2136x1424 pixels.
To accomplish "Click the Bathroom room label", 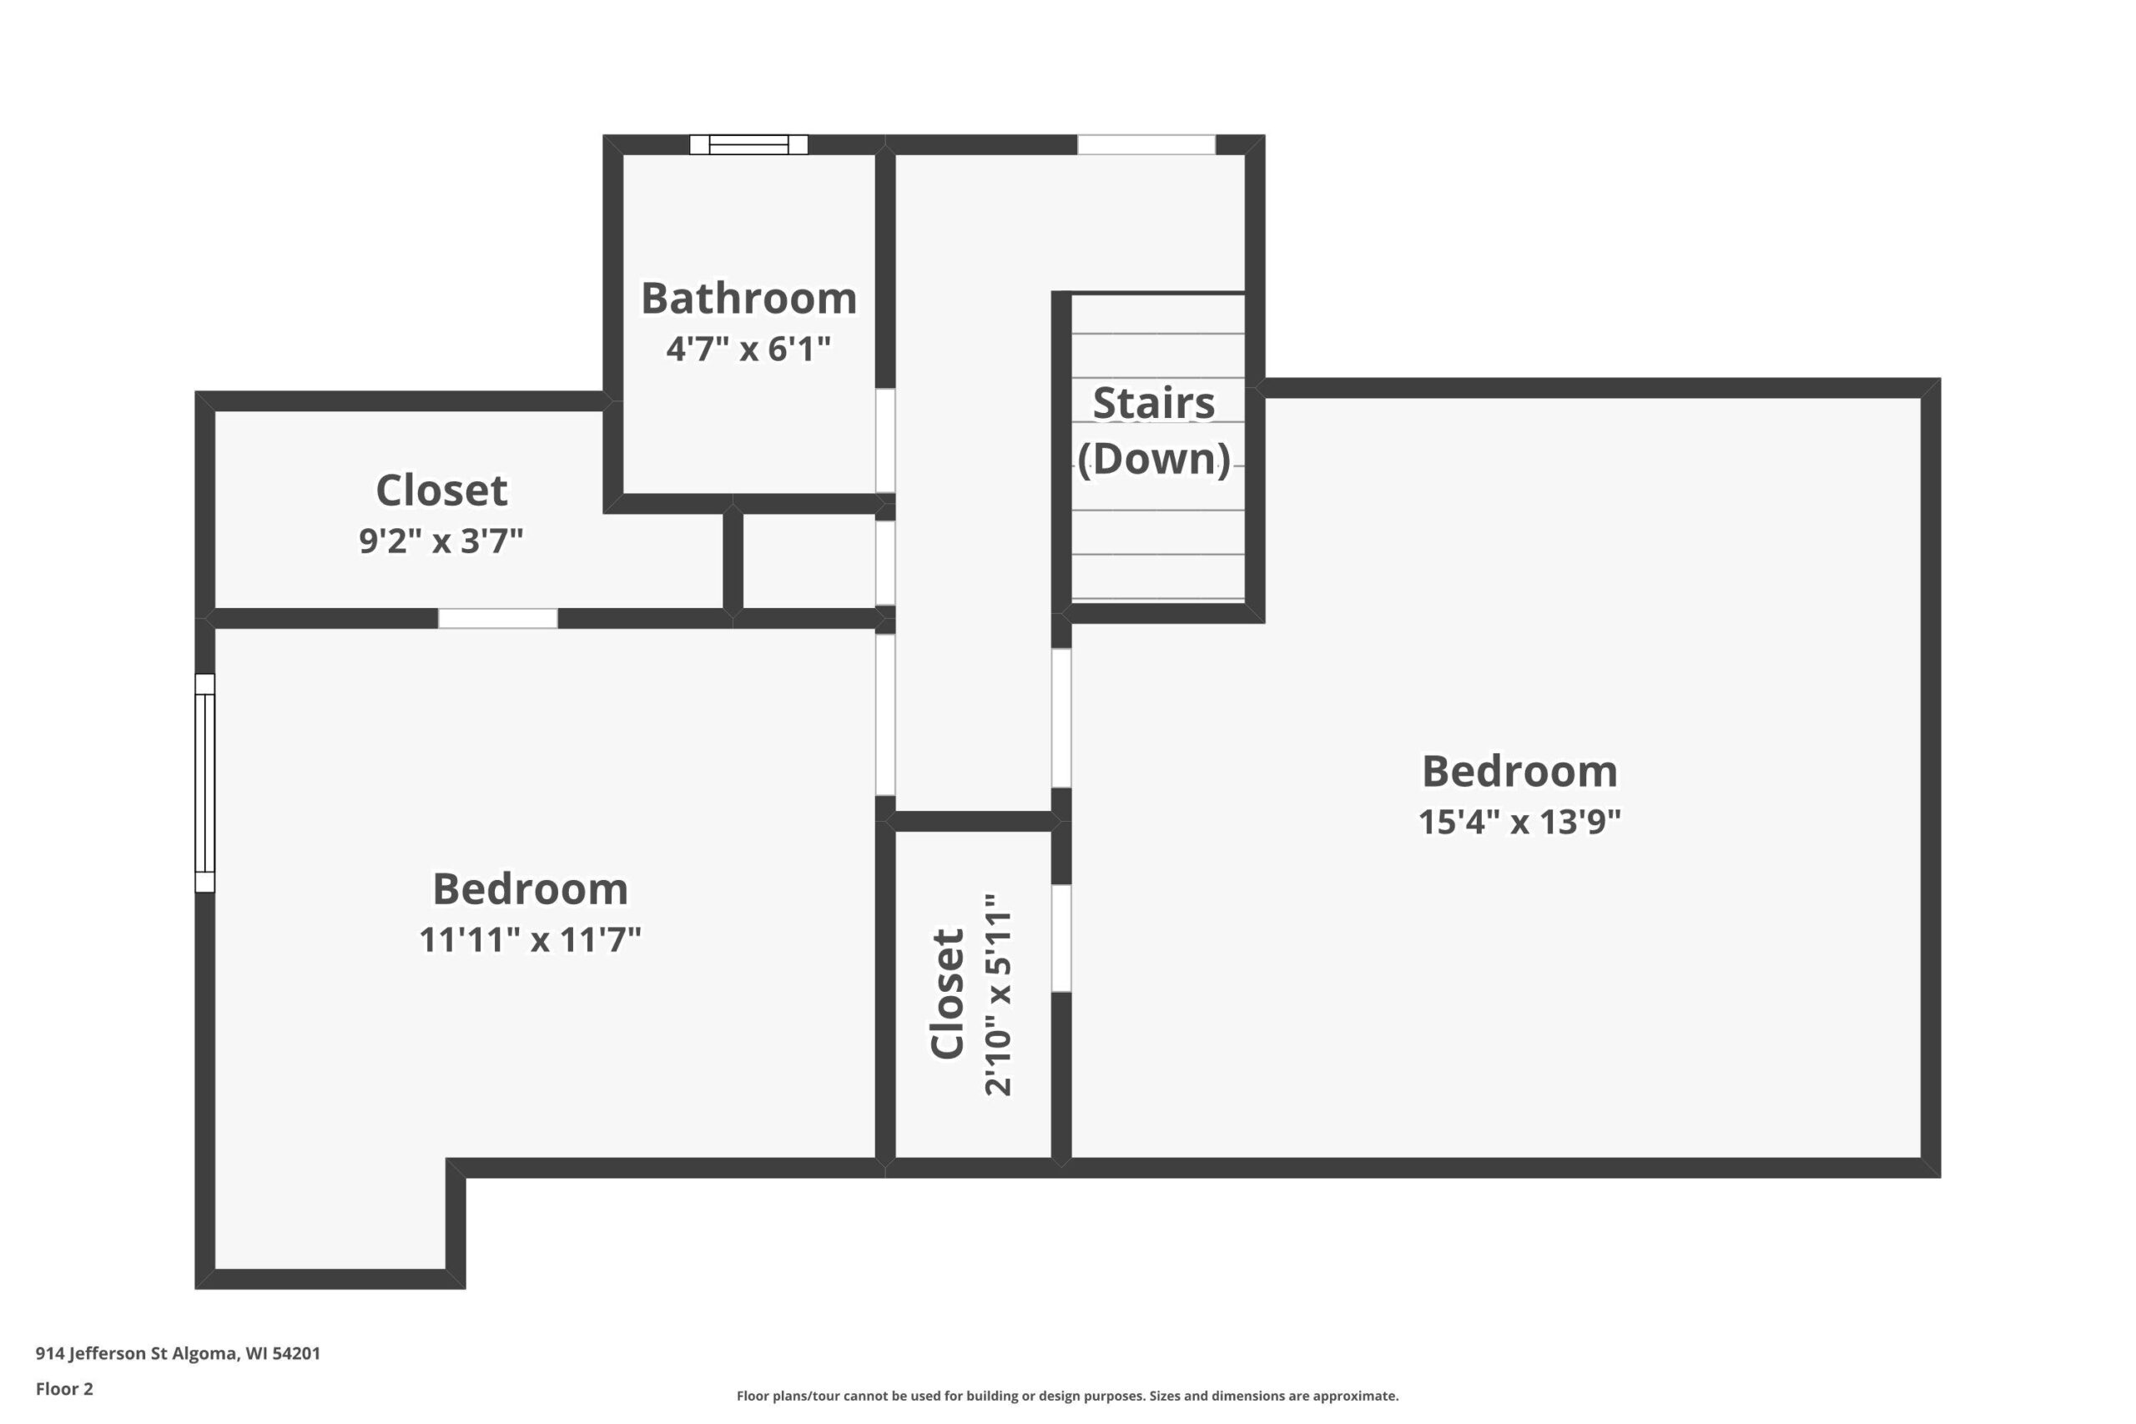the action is (748, 298).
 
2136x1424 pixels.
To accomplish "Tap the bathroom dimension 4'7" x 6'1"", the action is (748, 349).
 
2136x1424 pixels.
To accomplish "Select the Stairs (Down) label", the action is (1153, 430).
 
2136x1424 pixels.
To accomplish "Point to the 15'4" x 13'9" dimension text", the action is (1519, 822).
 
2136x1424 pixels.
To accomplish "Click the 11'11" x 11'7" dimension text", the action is (530, 940).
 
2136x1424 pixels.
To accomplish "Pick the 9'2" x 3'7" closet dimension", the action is (441, 541).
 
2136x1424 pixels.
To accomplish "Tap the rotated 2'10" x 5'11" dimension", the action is (997, 995).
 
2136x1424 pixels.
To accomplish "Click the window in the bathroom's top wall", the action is (748, 144).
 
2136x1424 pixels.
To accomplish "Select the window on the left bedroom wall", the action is (205, 782).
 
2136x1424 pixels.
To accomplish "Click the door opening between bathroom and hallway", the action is (885, 440).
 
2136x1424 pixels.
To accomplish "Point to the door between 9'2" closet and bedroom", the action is (497, 618).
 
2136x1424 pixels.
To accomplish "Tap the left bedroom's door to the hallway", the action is (885, 715).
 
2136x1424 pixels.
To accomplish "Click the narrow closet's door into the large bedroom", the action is (1060, 938).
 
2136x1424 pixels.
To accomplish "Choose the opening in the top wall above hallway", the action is (1146, 144).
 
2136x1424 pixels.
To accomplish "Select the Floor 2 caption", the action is (64, 1389).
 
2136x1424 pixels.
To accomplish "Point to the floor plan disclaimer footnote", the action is (1067, 1396).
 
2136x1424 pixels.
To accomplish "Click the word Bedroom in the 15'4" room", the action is (1519, 771).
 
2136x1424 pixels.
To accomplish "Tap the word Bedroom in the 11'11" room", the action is (530, 888).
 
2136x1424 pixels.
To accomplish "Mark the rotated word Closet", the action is (947, 994).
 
